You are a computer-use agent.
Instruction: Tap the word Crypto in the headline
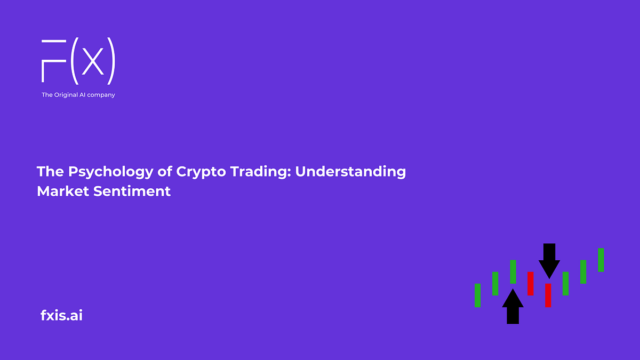coord(188,172)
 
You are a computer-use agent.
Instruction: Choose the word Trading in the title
coord(250,172)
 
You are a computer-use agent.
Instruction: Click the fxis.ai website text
coord(61,315)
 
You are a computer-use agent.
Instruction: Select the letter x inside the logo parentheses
coord(93,63)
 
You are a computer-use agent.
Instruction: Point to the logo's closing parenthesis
coord(111,62)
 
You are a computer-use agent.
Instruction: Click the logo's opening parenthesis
coord(75,62)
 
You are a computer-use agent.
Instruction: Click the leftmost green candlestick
coord(477,295)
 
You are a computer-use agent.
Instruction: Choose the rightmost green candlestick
coord(601,260)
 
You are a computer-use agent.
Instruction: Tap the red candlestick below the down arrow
coord(548,295)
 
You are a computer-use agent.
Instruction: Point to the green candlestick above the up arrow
coord(513,271)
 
